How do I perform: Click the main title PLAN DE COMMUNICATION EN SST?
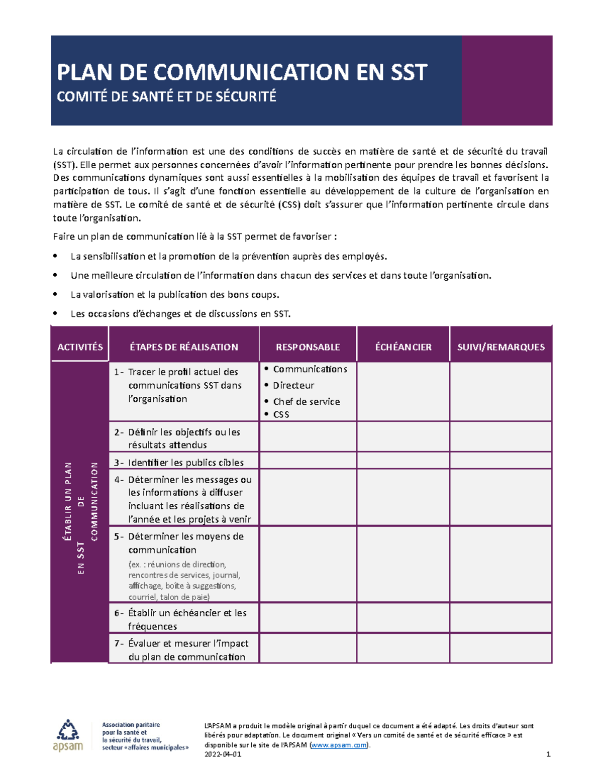click(242, 72)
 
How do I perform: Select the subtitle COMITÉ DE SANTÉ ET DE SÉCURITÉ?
click(166, 96)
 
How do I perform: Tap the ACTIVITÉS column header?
click(80, 347)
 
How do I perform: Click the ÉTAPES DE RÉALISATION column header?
click(184, 347)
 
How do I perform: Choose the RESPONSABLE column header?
click(308, 347)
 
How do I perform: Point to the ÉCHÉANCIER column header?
click(403, 347)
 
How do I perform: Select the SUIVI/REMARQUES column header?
click(500, 347)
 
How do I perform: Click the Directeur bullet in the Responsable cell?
click(293, 385)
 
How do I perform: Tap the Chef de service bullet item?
click(306, 401)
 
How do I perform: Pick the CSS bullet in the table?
click(281, 414)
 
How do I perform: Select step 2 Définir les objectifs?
click(184, 438)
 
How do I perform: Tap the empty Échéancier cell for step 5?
click(403, 565)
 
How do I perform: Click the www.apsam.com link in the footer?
click(339, 745)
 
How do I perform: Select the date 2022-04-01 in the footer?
click(223, 754)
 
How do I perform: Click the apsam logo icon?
click(68, 736)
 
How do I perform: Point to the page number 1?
click(548, 754)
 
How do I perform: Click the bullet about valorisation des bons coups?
click(175, 295)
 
